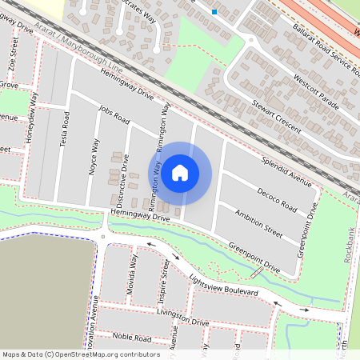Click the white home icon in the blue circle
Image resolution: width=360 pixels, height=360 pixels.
click(x=180, y=172)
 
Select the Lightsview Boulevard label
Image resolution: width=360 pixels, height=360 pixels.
click(x=224, y=285)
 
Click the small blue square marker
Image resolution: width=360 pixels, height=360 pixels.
click(x=214, y=11)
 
